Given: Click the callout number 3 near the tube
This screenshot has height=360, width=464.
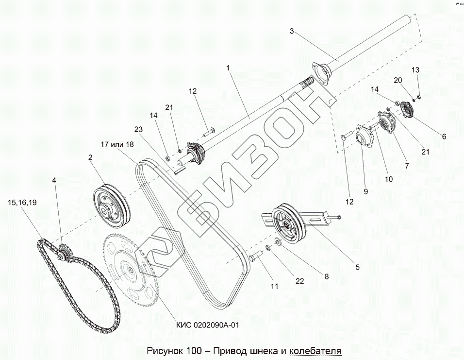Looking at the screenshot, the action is pos(292,32).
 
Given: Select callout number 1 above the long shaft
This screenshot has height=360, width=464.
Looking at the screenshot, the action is pos(228,68).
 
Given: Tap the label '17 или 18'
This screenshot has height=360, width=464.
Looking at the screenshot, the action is pos(117,144).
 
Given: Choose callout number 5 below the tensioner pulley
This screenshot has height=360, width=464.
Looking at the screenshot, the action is pos(357,267).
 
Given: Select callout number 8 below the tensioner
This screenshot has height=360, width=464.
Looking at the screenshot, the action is pos(327,276).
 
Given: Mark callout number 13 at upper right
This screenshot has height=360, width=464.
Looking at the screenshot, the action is pos(415,70).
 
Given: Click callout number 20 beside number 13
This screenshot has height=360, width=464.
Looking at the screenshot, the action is pos(398,80).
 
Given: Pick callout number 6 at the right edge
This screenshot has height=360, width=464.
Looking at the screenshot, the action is pos(444,137).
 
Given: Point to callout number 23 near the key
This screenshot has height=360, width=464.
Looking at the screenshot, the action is pos(139,130).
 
